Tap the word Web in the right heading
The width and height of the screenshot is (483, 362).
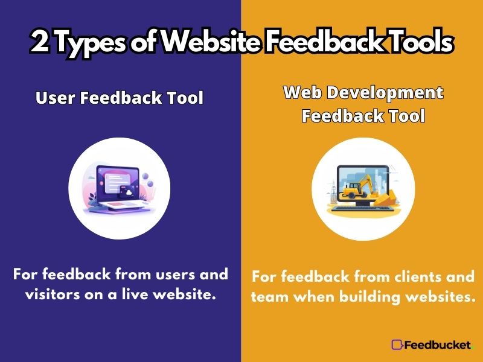pos(303,92)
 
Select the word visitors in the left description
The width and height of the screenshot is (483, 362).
pos(53,294)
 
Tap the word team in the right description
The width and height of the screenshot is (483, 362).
pos(269,297)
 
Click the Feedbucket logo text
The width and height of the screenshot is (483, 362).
pos(437,345)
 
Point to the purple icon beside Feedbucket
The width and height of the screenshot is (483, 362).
pos(397,345)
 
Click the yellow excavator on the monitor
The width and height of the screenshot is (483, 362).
pos(359,186)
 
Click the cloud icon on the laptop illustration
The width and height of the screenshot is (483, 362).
pos(129,192)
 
